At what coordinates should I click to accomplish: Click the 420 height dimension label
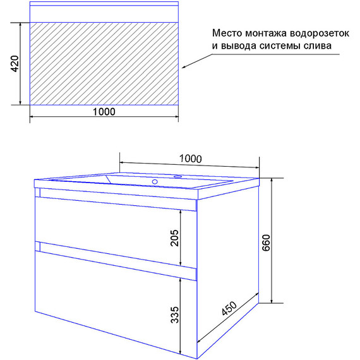point(15,64)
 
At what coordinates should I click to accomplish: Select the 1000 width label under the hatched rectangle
point(104,112)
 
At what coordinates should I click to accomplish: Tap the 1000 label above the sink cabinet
point(190,159)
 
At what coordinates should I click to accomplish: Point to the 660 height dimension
point(266,243)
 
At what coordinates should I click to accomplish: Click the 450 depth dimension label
point(229,308)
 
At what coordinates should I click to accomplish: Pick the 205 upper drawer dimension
point(174,238)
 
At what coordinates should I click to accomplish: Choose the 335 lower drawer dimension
point(175,315)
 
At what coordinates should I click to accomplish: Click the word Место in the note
point(227,33)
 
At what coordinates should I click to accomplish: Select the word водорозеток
point(320,33)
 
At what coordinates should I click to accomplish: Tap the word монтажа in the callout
point(266,33)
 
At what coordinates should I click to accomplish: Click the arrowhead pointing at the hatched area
point(184,67)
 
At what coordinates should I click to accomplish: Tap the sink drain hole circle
point(155,182)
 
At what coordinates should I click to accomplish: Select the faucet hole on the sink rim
point(177,177)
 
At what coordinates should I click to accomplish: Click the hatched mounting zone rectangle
point(104,64)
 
